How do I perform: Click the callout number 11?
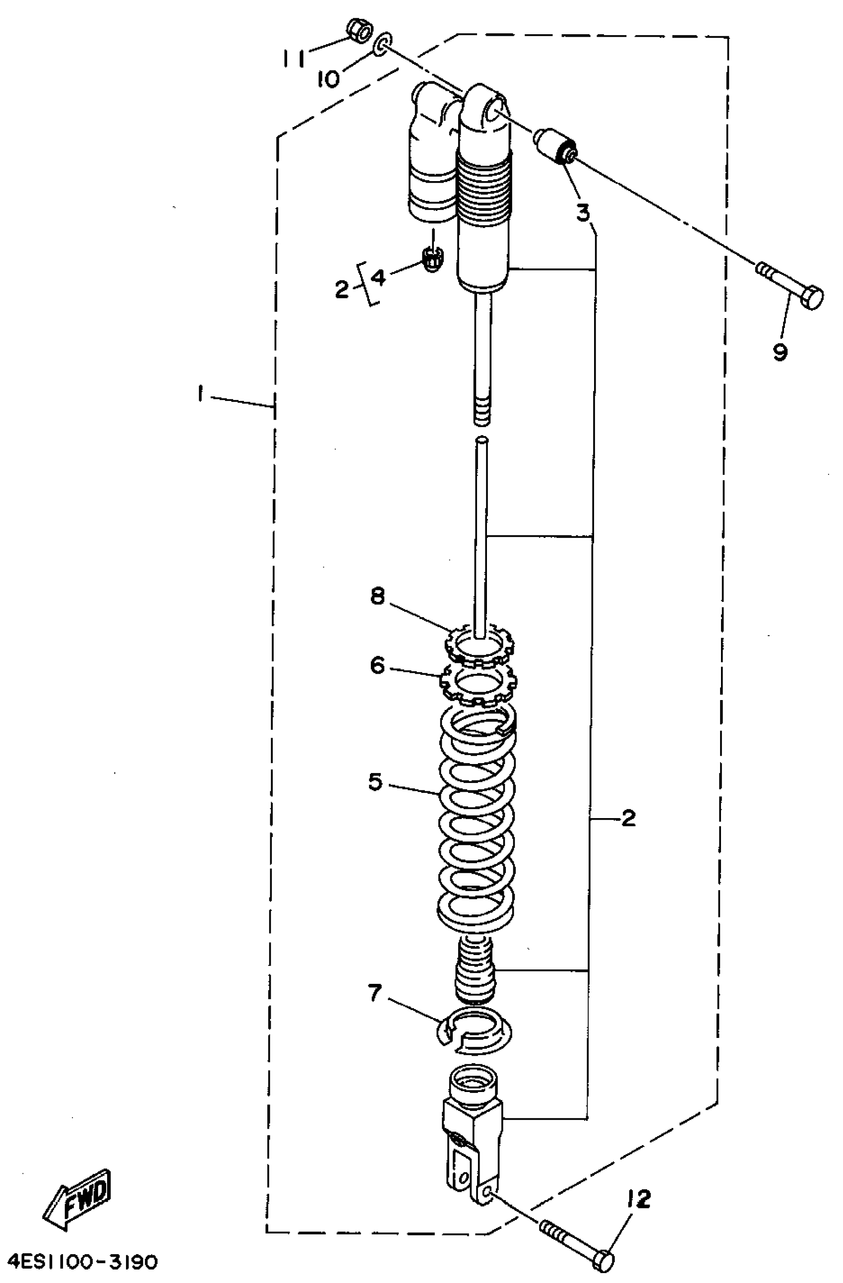tap(294, 58)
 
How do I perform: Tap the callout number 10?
tap(329, 79)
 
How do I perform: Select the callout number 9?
tap(780, 352)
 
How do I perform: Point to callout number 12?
tap(638, 1199)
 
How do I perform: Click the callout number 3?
tap(583, 212)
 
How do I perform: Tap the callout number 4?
tap(379, 278)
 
